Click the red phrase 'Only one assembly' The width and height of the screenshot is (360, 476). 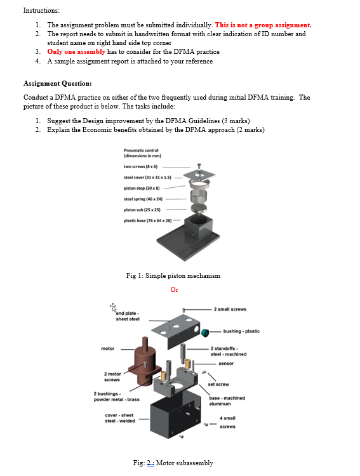point(76,51)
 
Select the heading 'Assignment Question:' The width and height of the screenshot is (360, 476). point(57,84)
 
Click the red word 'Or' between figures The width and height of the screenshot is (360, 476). point(175,289)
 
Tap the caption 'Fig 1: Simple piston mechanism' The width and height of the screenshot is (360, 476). point(173,275)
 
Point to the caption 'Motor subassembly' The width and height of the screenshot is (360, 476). point(185,463)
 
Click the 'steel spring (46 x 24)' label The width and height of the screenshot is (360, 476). point(143,199)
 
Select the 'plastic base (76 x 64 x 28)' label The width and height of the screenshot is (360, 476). point(148,221)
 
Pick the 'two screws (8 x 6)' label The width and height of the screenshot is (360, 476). point(141,167)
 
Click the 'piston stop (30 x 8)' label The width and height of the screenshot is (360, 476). point(142,188)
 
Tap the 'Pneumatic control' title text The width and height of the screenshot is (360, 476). point(141,150)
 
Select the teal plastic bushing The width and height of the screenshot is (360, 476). point(205,333)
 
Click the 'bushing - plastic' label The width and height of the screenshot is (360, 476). point(241,331)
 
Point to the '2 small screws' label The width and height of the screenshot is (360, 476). point(230,309)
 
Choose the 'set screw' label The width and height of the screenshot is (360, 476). point(218,385)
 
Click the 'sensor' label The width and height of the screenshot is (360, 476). point(226,364)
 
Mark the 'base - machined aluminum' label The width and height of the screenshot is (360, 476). point(227,400)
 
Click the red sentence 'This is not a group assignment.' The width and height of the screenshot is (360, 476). point(263,25)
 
